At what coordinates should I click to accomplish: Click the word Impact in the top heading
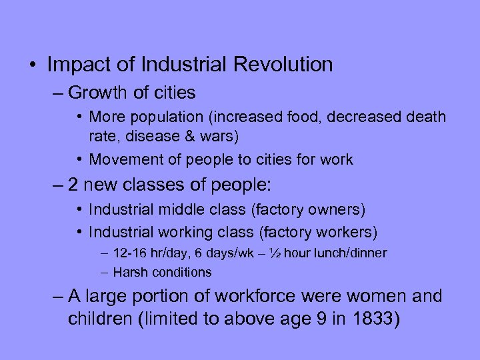[76, 65]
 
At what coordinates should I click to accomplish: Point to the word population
[158, 117]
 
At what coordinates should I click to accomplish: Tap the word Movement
[122, 159]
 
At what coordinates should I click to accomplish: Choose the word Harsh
[129, 272]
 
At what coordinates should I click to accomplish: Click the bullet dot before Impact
[32, 65]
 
